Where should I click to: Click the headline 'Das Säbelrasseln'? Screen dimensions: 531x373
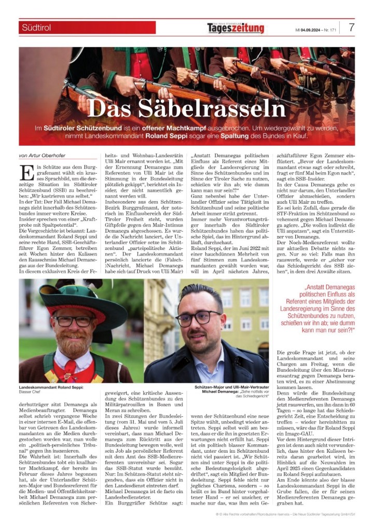186,108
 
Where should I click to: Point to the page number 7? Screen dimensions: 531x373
351,27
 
